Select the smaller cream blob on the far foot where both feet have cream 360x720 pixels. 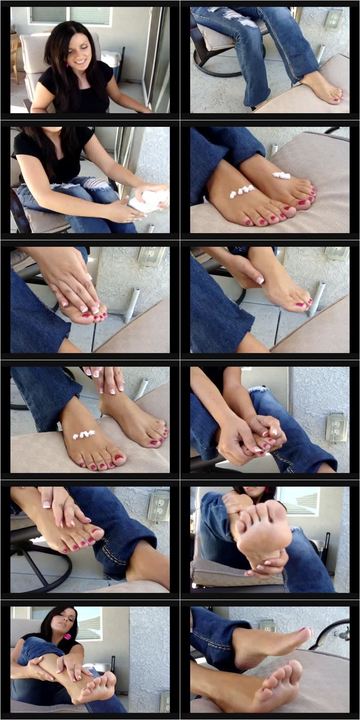(x=281, y=175)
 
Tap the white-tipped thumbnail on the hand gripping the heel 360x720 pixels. (x=260, y=280)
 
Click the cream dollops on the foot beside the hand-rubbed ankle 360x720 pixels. (x=84, y=434)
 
